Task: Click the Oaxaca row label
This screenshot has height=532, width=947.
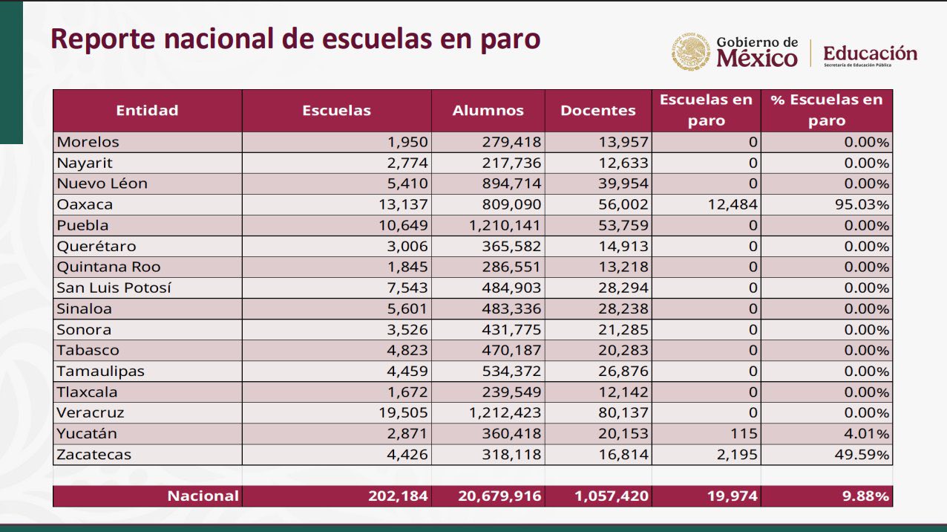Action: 85,204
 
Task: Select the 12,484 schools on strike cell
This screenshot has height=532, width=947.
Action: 733,204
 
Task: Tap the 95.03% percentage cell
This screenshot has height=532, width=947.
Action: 862,204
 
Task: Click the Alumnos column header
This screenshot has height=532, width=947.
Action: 488,111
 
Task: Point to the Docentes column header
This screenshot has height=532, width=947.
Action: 597,111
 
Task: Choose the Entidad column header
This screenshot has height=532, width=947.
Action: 147,111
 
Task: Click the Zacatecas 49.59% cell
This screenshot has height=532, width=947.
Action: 862,455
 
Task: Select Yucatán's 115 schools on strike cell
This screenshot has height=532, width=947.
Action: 744,433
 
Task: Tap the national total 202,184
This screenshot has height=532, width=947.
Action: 398,496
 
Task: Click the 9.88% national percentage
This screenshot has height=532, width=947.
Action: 865,496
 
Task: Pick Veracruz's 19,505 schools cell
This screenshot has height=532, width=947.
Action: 403,412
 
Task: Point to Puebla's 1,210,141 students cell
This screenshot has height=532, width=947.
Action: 505,225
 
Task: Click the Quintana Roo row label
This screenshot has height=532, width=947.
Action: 108,267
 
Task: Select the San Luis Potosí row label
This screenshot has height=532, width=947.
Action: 114,288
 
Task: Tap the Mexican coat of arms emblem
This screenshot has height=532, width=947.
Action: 691,51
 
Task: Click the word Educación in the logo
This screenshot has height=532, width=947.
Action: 870,53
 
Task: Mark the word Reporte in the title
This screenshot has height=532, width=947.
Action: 103,39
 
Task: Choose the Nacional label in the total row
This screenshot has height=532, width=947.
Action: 203,496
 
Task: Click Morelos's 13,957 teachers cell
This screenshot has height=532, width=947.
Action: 623,142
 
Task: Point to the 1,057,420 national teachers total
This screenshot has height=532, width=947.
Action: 612,496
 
